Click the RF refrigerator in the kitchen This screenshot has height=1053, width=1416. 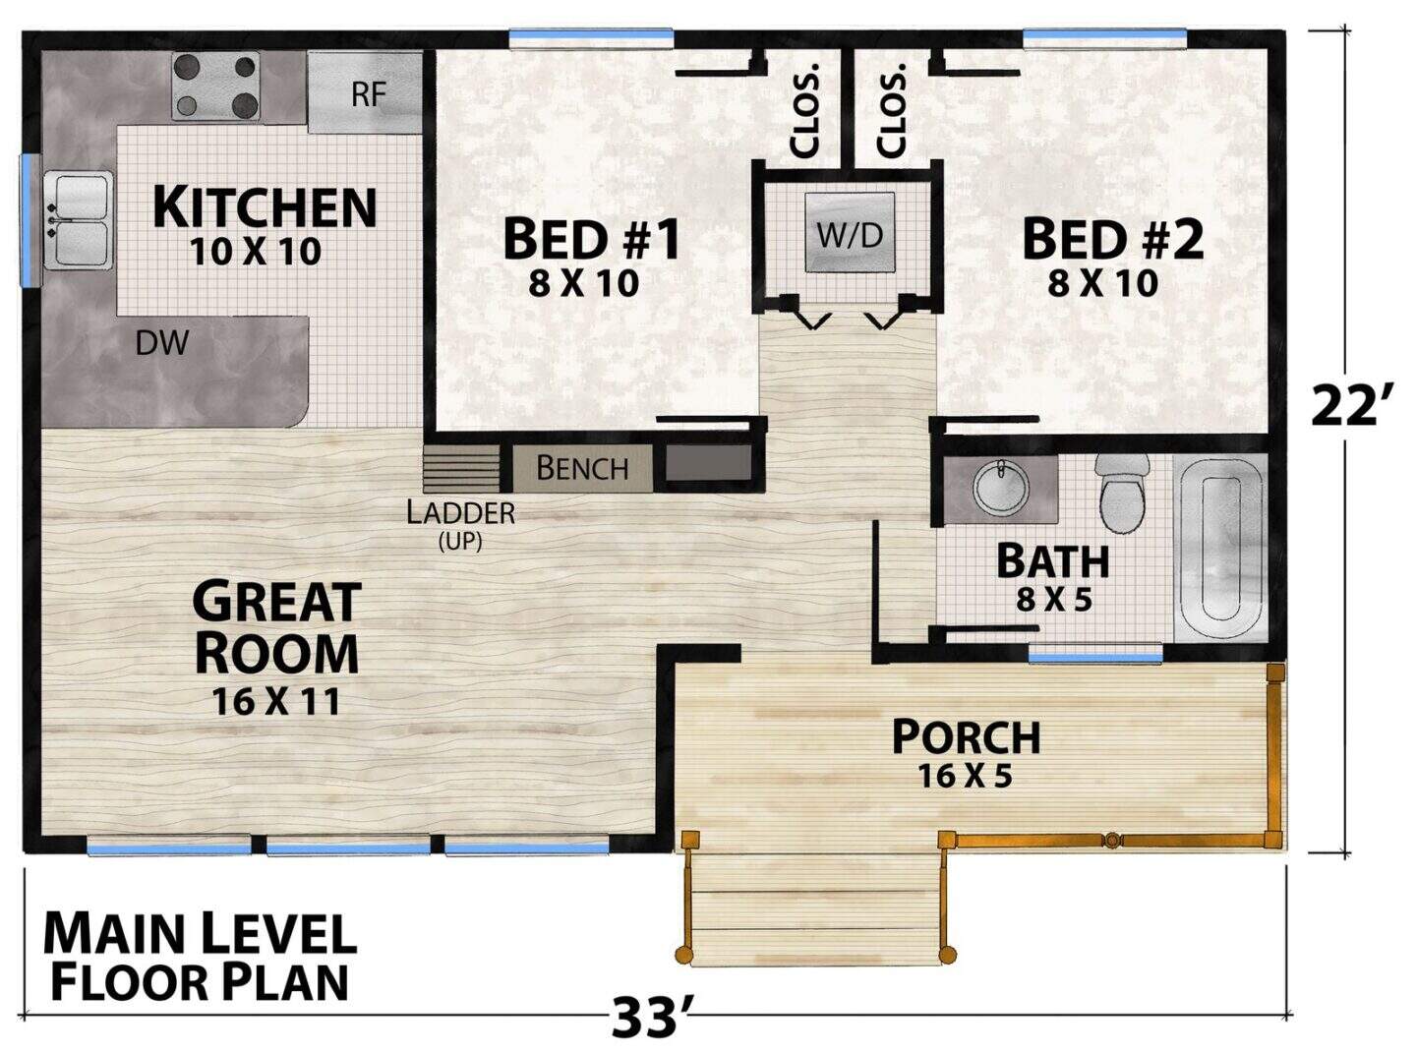365,92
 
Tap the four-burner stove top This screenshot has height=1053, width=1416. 215,87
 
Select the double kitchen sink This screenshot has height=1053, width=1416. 78,219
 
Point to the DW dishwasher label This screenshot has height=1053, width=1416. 162,343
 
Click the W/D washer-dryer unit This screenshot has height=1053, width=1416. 849,232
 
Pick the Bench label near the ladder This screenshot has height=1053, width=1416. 582,469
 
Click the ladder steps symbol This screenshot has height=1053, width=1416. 461,469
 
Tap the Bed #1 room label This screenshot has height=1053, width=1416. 592,239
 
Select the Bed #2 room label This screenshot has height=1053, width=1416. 1113,239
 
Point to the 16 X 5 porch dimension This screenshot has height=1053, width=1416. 966,777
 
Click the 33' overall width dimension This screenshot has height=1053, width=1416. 653,1018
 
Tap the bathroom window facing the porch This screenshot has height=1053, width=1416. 1095,658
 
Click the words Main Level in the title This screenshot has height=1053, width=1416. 200,934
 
